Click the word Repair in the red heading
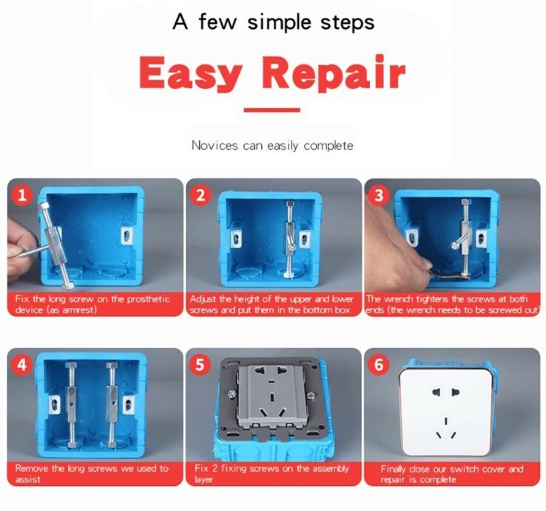(334, 73)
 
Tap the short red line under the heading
(272, 110)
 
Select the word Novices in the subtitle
(215, 145)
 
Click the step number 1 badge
(24, 196)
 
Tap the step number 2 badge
(200, 196)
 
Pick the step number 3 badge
(380, 196)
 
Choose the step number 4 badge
(24, 365)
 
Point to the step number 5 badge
(200, 365)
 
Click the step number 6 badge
(380, 365)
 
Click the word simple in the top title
(282, 21)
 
